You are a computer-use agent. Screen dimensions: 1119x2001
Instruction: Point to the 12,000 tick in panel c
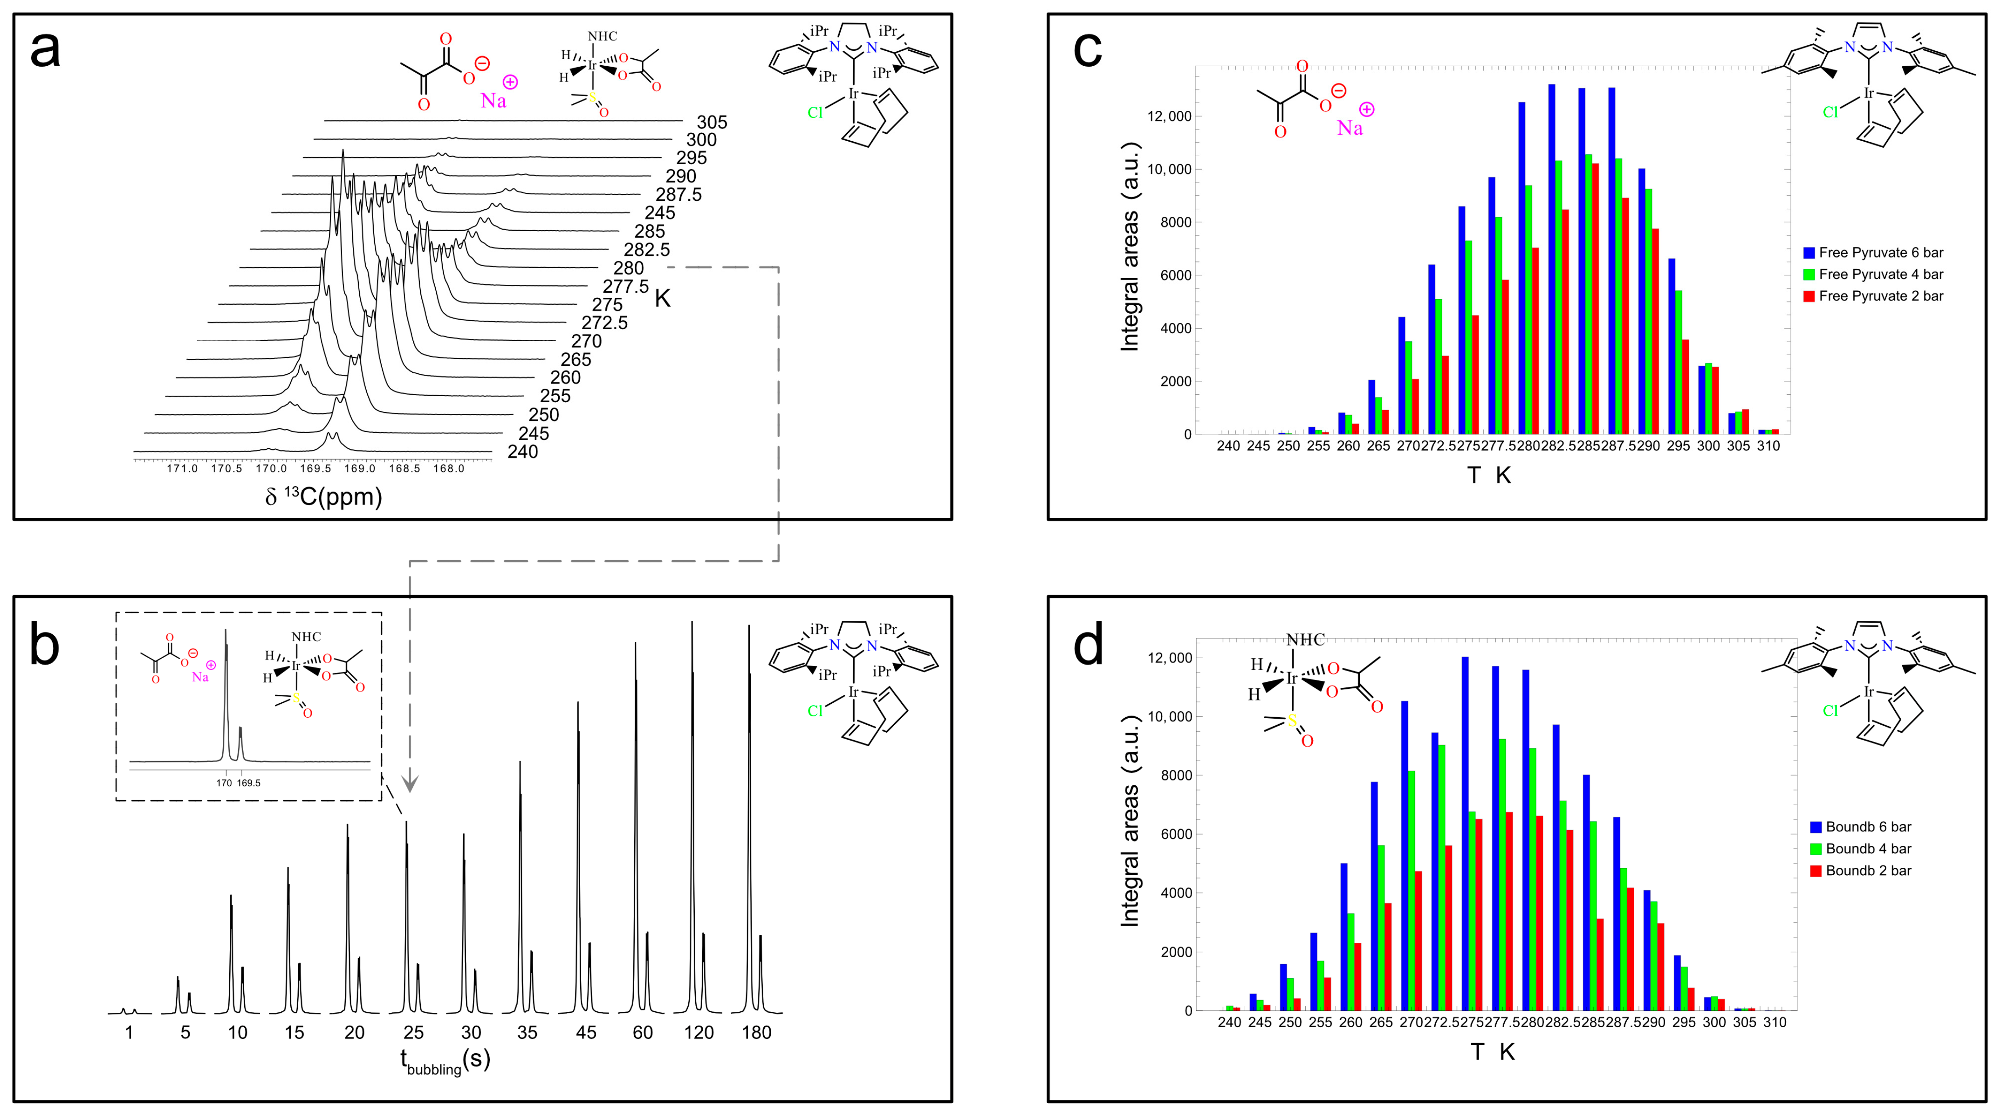pyautogui.click(x=1169, y=117)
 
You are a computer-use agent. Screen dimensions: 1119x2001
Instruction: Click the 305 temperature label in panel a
pyautogui.click(x=712, y=122)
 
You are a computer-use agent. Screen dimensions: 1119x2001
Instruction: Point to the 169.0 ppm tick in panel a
pyautogui.click(x=360, y=468)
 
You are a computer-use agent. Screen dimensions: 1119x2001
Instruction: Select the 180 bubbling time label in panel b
pyautogui.click(x=756, y=1033)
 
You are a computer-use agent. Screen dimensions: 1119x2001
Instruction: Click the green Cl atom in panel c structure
pyautogui.click(x=1830, y=113)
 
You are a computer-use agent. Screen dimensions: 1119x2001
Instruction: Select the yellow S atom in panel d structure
pyautogui.click(x=1293, y=721)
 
